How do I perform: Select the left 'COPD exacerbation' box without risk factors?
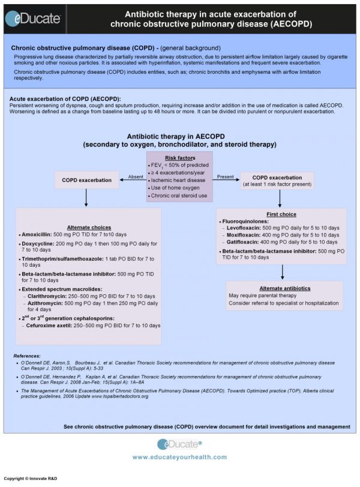point(88,180)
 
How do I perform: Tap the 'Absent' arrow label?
point(135,176)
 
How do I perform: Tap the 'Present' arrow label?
point(225,176)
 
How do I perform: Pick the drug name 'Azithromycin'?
point(48,304)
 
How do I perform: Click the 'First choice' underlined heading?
point(280,214)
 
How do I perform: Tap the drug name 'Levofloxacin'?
point(247,228)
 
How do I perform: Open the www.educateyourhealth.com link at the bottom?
point(179,457)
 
